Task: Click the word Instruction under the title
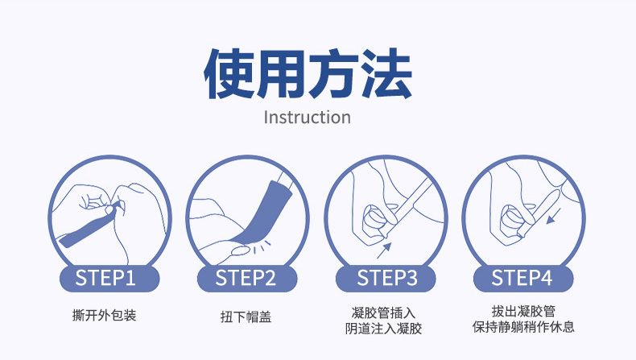tap(307, 118)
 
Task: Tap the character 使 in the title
tap(229, 74)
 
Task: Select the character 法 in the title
tap(386, 74)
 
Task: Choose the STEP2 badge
tap(246, 279)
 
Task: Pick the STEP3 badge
tap(386, 279)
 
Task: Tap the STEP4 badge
tap(523, 279)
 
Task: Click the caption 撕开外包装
tap(104, 315)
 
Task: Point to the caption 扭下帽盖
tap(246, 317)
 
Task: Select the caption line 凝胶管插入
tap(384, 312)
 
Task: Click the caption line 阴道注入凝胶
tap(384, 328)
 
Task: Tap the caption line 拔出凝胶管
tap(523, 311)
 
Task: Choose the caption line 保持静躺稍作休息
tap(523, 326)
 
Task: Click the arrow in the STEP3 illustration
tap(384, 250)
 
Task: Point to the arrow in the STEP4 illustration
tap(554, 217)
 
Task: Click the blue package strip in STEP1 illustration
tap(89, 226)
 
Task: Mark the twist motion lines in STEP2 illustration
tap(262, 246)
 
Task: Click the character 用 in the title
tap(281, 74)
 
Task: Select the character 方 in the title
tap(333, 74)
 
